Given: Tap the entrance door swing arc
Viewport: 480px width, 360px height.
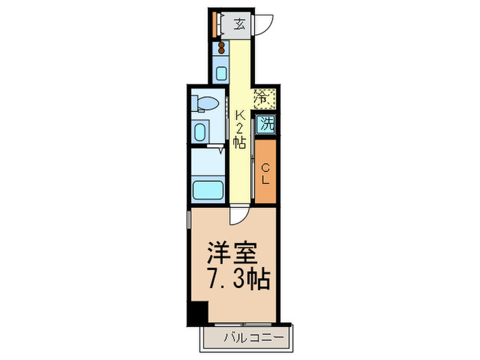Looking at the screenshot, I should pyautogui.click(x=265, y=25).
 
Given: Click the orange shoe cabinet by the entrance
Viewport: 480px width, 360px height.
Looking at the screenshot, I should pyautogui.click(x=215, y=25).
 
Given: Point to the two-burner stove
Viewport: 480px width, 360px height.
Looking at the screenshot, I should pyautogui.click(x=222, y=48).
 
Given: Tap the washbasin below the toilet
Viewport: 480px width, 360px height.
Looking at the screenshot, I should pyautogui.click(x=201, y=131).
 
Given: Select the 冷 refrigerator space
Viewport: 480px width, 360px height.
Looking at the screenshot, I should pyautogui.click(x=265, y=99).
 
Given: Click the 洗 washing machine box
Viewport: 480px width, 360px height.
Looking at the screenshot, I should pyautogui.click(x=265, y=125).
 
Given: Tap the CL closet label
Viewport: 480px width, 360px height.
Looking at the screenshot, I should pyautogui.click(x=265, y=172).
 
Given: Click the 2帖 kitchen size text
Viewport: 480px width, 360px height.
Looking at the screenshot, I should pyautogui.click(x=239, y=136).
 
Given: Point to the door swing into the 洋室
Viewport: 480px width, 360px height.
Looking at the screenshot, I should pyautogui.click(x=237, y=216).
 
